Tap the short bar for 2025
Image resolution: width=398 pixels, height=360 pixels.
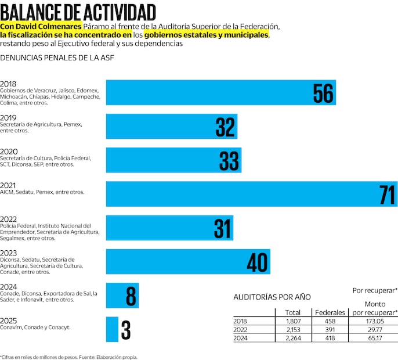pyautogui.click(x=112, y=329)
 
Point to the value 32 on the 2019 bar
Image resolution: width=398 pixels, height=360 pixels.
pyautogui.click(x=225, y=127)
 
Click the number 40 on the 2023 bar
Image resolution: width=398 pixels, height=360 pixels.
pyautogui.click(x=257, y=262)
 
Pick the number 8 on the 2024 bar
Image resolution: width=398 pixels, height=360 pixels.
pyautogui.click(x=131, y=296)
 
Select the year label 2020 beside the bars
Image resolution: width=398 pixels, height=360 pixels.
pyautogui.click(x=9, y=152)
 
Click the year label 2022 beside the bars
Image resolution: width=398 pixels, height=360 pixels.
pyautogui.click(x=9, y=219)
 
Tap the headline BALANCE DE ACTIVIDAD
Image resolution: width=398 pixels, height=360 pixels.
pyautogui.click(x=78, y=12)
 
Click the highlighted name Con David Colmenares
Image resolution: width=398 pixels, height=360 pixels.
pyautogui.click(x=41, y=27)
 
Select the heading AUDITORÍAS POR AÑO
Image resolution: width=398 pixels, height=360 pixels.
pyautogui.click(x=272, y=297)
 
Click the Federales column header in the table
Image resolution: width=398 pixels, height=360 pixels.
pyautogui.click(x=330, y=312)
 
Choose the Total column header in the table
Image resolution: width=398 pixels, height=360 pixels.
pyautogui.click(x=293, y=312)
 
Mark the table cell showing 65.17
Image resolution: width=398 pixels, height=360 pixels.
pyautogui.click(x=379, y=339)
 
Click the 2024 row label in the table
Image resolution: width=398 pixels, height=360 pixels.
pyautogui.click(x=240, y=339)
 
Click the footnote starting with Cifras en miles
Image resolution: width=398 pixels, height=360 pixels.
pyautogui.click(x=69, y=357)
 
